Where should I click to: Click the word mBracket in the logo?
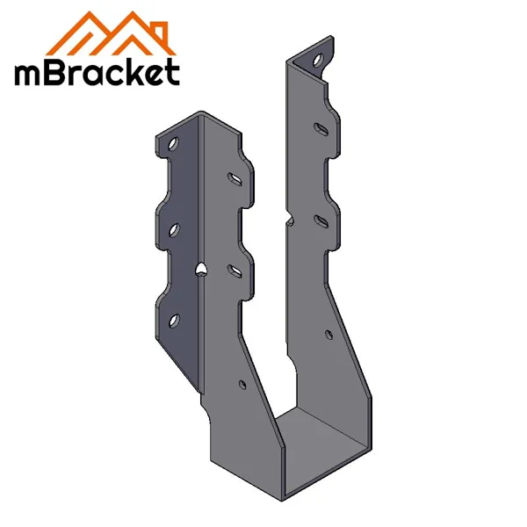pos(97,73)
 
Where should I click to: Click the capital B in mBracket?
pos(55,73)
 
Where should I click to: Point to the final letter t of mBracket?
pos(172,73)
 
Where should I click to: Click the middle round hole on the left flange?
pos(174,229)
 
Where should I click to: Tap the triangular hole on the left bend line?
pos(202,268)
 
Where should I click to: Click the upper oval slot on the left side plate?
pos(236,177)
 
